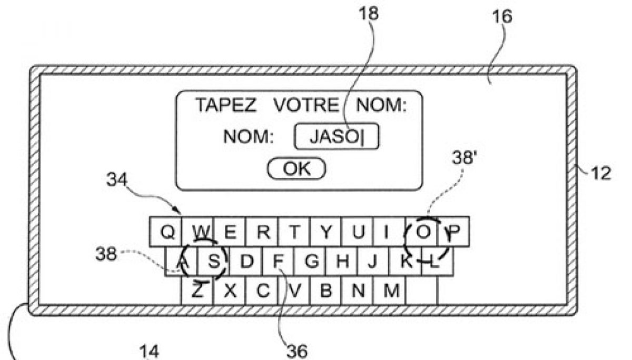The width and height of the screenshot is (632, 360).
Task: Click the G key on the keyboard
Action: pos(311,261)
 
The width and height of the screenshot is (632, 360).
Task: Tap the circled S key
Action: pos(213,261)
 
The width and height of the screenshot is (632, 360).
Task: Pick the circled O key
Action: pos(422,232)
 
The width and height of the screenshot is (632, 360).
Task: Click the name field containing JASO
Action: pos(337,137)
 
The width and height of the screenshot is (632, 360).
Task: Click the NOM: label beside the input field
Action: pos(249,137)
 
